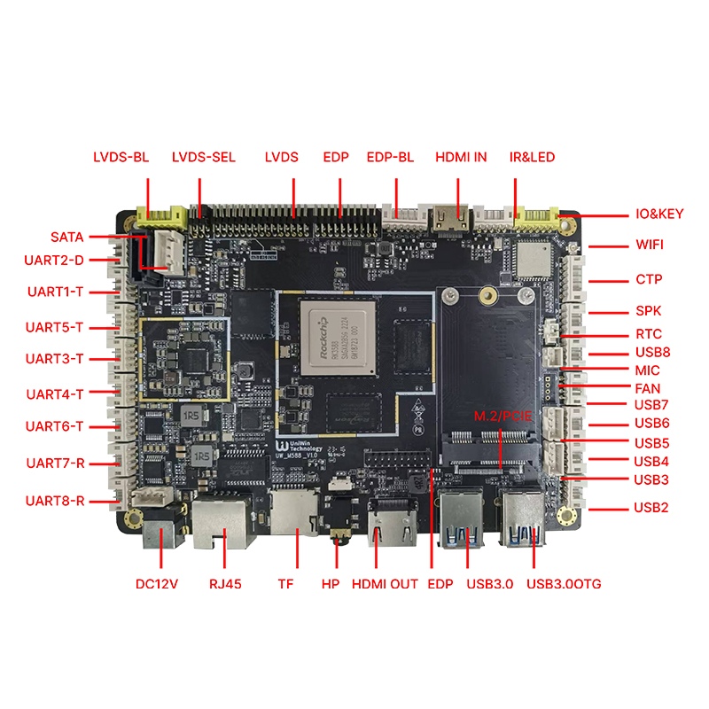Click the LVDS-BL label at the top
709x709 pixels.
click(121, 158)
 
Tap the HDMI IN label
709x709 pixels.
click(461, 158)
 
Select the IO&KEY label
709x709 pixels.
click(659, 214)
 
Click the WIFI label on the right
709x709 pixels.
click(650, 245)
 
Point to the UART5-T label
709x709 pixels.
click(55, 327)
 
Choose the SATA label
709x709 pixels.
click(66, 238)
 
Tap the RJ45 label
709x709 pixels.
click(224, 584)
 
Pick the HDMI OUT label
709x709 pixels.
click(385, 584)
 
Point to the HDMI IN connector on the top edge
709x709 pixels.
click(458, 217)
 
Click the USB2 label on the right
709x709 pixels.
click(651, 509)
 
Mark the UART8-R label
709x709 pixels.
click(55, 501)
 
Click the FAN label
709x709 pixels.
click(647, 388)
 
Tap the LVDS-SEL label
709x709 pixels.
click(204, 158)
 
